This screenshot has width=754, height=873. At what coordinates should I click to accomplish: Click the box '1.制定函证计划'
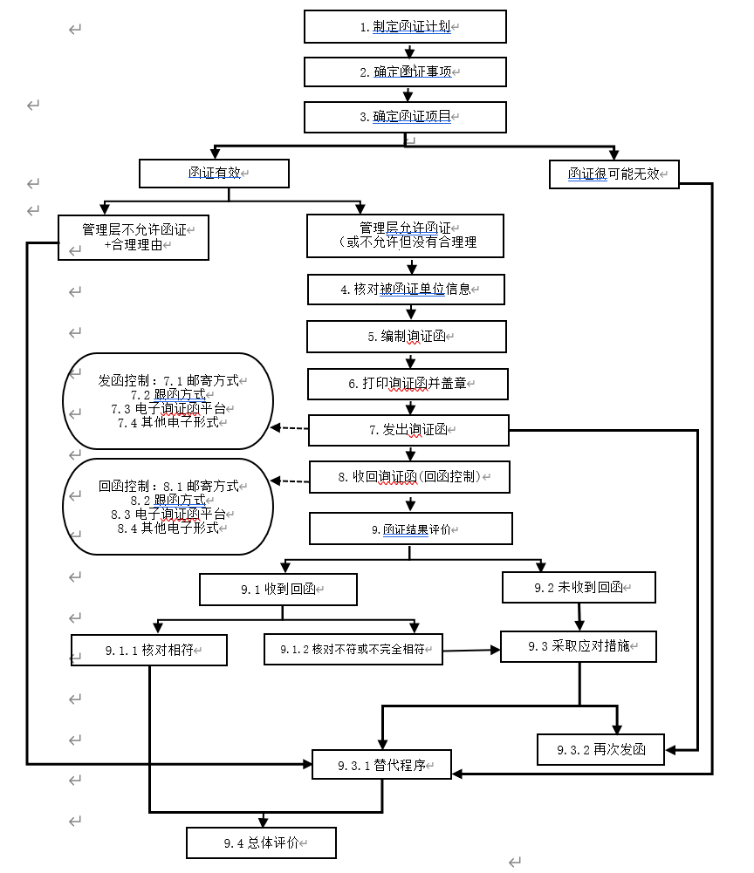point(405,26)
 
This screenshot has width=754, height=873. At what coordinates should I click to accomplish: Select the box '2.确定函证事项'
point(405,72)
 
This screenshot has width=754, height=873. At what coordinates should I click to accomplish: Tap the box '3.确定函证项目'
point(405,117)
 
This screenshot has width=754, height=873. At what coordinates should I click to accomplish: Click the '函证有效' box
point(214,174)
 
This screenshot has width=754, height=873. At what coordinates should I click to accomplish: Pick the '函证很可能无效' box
point(613,174)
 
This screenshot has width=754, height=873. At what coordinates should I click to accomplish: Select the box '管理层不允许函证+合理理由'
point(134,237)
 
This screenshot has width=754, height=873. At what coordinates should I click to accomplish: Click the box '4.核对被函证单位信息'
point(406,289)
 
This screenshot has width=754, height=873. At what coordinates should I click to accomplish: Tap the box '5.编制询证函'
point(406,336)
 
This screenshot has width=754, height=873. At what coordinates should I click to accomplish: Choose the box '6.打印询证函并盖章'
point(407,383)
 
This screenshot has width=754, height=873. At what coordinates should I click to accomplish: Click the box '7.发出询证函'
point(408,430)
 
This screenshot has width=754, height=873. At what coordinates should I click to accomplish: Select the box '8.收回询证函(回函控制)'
point(409,477)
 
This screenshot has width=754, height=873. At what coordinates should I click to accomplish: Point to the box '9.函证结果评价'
point(410,529)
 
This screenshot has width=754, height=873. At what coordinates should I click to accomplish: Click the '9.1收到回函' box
point(278,590)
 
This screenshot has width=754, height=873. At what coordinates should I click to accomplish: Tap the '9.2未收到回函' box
point(579,588)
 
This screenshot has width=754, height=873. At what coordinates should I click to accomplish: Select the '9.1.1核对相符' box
point(149,651)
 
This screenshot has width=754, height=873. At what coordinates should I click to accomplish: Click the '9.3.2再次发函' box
point(600,749)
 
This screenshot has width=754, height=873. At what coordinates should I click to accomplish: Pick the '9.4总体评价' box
point(261,843)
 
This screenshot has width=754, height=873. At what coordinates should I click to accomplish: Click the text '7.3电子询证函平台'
point(173,408)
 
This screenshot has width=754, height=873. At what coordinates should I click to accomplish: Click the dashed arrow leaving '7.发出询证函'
point(291,428)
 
